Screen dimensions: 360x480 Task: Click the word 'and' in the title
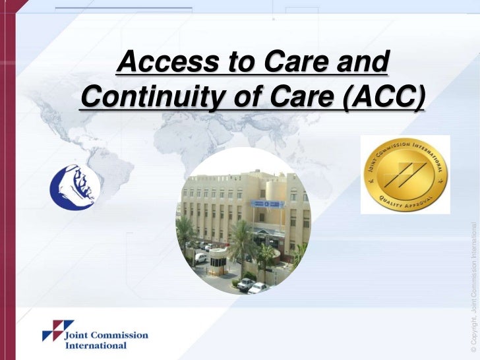(362, 63)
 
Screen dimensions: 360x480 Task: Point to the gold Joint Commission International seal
(405, 174)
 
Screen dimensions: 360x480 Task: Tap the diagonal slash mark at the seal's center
(405, 173)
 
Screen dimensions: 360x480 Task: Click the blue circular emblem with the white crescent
(75, 186)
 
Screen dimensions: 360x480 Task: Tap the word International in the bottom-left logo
(96, 345)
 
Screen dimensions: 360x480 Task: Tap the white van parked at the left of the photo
(200, 258)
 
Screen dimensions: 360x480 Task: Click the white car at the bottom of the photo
(257, 287)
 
